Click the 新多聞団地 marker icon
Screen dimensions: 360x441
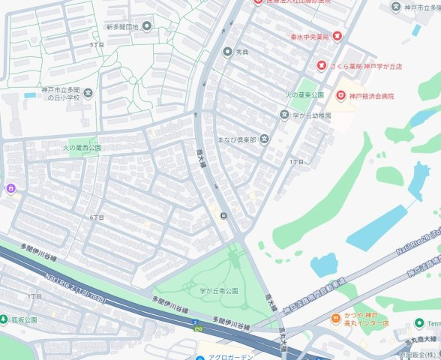click(x=146, y=26)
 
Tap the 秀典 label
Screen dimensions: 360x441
click(x=241, y=52)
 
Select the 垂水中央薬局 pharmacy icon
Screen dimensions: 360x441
click(x=337, y=36)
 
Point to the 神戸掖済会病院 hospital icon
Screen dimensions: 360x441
click(x=341, y=96)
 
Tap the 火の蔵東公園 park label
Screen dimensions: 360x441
click(x=304, y=96)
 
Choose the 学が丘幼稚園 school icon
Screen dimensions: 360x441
click(x=284, y=115)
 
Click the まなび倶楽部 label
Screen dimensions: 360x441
click(x=236, y=139)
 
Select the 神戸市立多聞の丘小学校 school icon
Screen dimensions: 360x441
click(x=88, y=93)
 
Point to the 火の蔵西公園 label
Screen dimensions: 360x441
click(x=82, y=148)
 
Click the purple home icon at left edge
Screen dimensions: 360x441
click(x=10, y=187)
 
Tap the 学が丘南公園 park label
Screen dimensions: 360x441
click(x=218, y=290)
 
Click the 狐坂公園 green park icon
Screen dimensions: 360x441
click(x=4, y=319)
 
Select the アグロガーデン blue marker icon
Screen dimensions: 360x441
click(x=199, y=357)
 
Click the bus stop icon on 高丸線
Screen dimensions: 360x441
click(x=223, y=216)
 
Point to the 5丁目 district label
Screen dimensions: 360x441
click(x=96, y=46)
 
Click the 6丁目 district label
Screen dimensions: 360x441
click(x=96, y=217)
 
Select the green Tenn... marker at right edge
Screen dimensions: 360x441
click(x=419, y=323)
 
